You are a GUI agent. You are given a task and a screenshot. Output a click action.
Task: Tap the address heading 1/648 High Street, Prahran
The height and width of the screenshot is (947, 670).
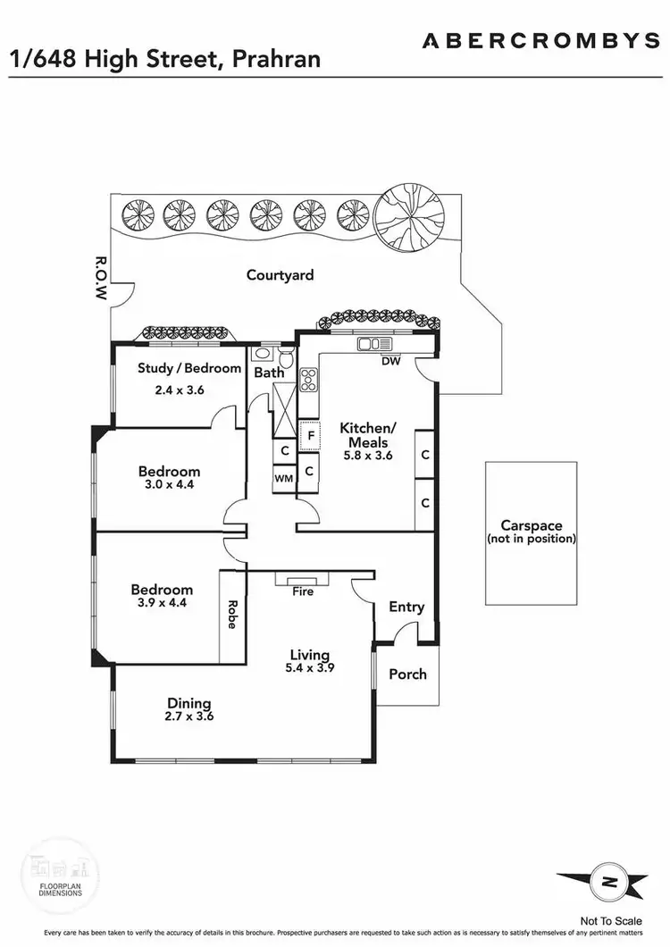point(165,60)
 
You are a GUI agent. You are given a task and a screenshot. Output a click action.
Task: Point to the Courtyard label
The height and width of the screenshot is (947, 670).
point(280,274)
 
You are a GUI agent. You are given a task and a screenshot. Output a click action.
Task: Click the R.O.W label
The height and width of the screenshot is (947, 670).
point(101,280)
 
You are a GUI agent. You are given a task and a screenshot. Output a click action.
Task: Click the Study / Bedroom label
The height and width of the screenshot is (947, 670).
point(189,368)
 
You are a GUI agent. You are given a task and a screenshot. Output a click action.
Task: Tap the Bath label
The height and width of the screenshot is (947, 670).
point(269,372)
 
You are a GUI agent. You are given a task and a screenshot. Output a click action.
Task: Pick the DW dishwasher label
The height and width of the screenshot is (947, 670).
point(390,361)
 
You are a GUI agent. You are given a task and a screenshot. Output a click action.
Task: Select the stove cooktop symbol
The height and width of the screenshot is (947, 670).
point(309,381)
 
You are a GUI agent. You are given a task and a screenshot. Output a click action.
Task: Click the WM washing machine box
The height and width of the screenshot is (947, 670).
point(283,479)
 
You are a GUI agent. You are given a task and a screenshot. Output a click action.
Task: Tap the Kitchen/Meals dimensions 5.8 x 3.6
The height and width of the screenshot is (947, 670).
point(366,455)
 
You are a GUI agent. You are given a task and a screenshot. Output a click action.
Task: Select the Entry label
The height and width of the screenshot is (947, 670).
point(406,608)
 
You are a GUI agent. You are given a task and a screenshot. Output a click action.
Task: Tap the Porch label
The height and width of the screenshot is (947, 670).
point(407,675)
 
